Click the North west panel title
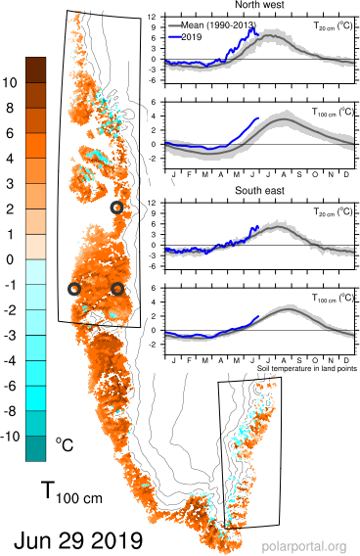(x=259, y=5)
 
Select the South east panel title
(x=259, y=191)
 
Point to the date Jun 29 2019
(x=78, y=540)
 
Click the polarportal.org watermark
(x=304, y=546)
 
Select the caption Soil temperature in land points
(x=307, y=368)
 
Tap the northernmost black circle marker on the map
(x=116, y=208)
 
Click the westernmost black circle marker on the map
(x=74, y=289)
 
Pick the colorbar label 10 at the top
(x=10, y=82)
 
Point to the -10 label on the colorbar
(x=10, y=437)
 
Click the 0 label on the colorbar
(x=10, y=259)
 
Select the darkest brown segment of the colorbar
(x=36, y=69)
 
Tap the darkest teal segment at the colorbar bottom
(x=36, y=448)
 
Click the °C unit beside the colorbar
(x=65, y=444)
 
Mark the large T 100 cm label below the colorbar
(x=71, y=492)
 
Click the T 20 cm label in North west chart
(x=333, y=25)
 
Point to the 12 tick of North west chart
(x=152, y=17)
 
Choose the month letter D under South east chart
(x=346, y=360)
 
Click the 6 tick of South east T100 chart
(x=154, y=288)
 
